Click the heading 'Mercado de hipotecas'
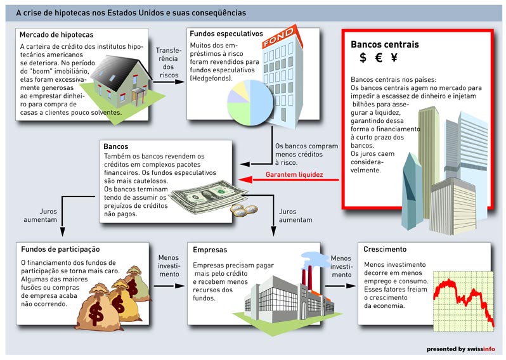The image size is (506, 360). (56, 35)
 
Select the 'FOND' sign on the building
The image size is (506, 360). (278, 37)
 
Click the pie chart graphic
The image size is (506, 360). (250, 103)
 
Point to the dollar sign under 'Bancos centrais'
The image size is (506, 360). (363, 58)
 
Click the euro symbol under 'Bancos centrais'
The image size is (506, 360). (379, 58)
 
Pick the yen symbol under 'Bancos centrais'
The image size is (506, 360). (394, 58)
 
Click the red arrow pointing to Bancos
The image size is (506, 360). (289, 179)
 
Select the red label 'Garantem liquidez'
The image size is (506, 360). (294, 174)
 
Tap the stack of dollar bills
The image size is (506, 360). (207, 196)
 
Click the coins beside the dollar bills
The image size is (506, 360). (244, 210)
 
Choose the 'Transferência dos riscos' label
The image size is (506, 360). (169, 63)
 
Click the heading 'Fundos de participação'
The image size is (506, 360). (60, 249)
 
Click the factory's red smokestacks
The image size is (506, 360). (306, 278)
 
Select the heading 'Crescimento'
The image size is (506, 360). (385, 249)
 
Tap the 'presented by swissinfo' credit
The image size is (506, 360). (460, 349)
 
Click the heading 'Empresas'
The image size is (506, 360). (210, 250)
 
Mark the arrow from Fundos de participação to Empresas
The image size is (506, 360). (169, 286)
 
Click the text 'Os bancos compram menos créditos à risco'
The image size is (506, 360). (306, 155)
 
